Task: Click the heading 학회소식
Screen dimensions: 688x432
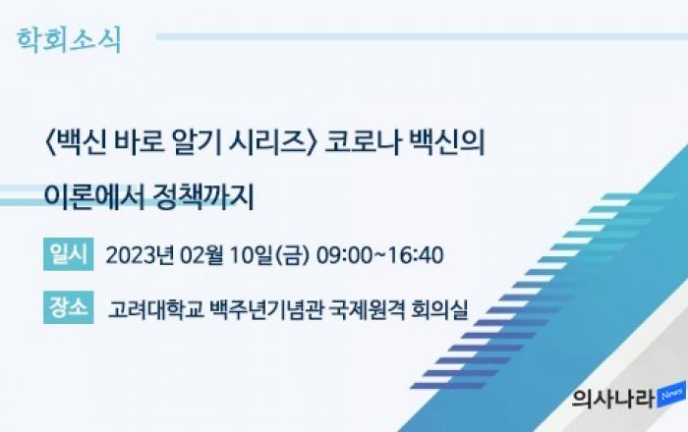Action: (69, 40)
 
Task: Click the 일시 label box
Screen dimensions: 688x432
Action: (69, 254)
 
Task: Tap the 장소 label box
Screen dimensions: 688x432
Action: (69, 307)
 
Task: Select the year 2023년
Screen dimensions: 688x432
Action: (140, 255)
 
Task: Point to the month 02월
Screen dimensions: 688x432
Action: (201, 255)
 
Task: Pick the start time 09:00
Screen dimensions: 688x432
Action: (344, 255)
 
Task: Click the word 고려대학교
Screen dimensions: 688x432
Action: (155, 309)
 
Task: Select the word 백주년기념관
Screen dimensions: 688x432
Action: (266, 309)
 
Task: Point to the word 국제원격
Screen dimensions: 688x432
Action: (368, 309)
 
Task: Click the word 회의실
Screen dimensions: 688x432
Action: (439, 309)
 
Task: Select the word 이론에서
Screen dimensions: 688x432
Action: (94, 197)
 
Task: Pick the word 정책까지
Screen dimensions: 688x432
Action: (203, 197)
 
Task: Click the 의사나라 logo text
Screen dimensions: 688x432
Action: (613, 399)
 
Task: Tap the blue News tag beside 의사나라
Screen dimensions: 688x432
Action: (671, 395)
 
